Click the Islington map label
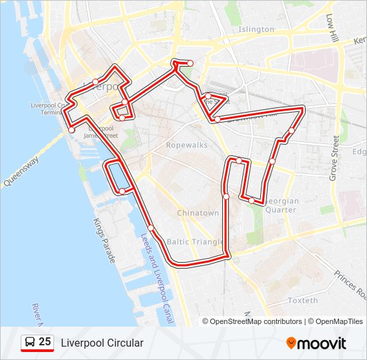pos(256,29)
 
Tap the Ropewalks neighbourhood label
pos(187,145)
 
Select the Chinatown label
pos(198,213)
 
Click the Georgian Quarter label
pos(280,205)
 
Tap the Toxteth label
pos(302,301)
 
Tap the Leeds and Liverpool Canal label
pos(155,277)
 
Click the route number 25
pos(45,342)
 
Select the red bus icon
pos(29,343)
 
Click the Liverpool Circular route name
pos(102,343)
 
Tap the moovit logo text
pos(322,343)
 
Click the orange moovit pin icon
pos(291,343)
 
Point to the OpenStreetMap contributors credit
pos(256,321)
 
